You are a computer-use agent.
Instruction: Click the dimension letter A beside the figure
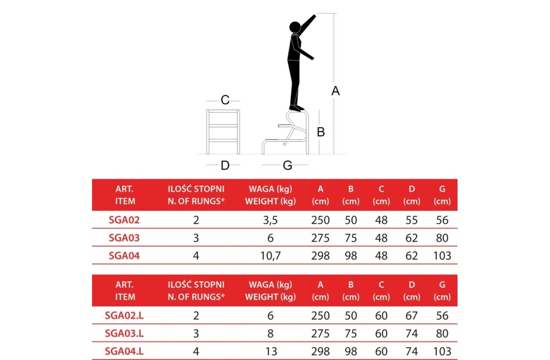335,91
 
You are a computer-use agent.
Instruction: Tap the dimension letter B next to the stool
320,132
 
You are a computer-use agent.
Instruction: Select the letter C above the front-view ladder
225,100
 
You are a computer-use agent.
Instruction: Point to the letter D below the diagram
225,165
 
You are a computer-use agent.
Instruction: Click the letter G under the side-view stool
287,165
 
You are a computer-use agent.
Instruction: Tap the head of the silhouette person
295,27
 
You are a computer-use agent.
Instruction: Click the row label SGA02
124,220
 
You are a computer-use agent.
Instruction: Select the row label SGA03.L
124,333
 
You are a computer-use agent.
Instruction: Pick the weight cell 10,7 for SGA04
270,256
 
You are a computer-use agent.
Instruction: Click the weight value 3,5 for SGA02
270,220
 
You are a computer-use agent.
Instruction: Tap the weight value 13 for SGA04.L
271,351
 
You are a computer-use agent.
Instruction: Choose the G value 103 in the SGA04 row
442,256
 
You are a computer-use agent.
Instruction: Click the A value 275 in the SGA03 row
320,238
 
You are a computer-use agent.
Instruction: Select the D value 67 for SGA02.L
411,315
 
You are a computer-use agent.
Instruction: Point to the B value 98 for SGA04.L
351,351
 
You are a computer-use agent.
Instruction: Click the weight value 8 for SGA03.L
270,333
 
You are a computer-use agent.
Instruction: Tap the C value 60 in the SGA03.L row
381,333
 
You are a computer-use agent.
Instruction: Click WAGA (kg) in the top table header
270,189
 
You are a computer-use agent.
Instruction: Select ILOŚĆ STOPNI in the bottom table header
195,284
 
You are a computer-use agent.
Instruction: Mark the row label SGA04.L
124,351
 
